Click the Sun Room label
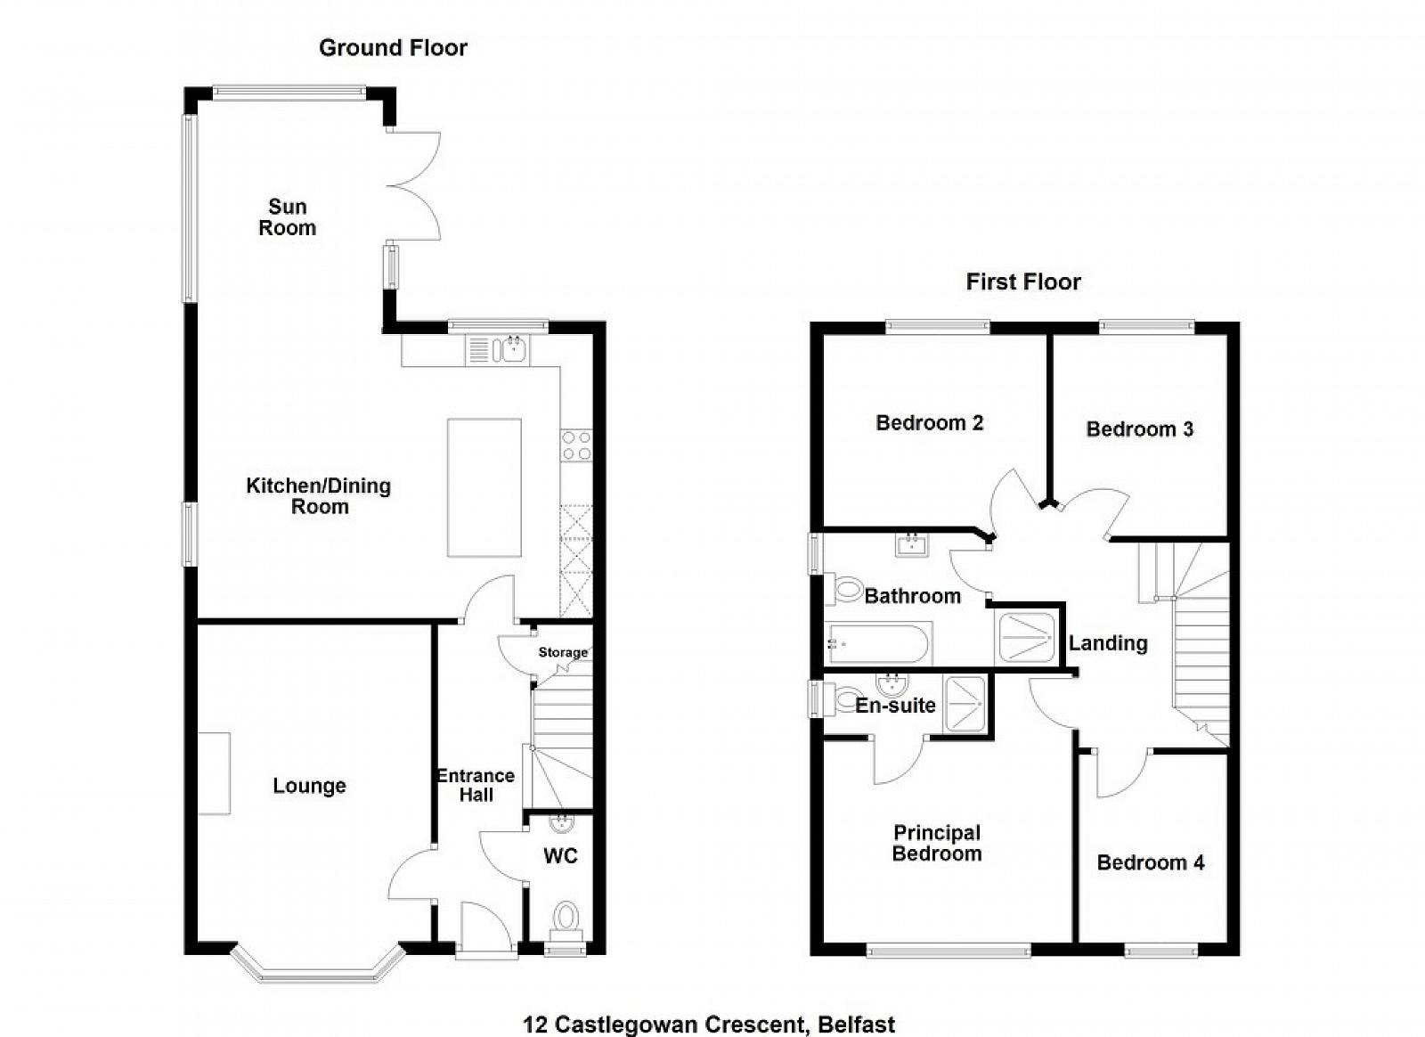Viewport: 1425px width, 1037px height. (x=288, y=217)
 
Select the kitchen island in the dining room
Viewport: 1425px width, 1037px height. (x=484, y=487)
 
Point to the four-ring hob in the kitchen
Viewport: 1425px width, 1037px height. (x=576, y=445)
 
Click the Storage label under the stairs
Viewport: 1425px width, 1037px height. (x=563, y=652)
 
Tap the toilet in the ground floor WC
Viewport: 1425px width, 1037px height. (x=566, y=921)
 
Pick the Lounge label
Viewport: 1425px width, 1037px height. (x=309, y=786)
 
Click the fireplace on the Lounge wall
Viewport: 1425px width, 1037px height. (x=214, y=773)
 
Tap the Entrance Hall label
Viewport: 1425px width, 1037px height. (x=476, y=785)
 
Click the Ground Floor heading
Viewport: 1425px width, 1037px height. (x=393, y=48)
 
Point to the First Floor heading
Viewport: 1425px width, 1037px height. (x=1023, y=282)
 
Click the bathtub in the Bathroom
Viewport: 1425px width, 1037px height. (x=879, y=644)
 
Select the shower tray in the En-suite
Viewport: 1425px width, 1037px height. (x=965, y=704)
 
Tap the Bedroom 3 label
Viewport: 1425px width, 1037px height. (x=1139, y=429)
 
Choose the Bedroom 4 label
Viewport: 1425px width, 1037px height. (x=1150, y=862)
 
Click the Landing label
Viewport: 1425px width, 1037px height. (x=1108, y=643)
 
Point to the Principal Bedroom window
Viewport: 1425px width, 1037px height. (x=949, y=951)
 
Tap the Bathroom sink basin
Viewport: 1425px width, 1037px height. (x=912, y=545)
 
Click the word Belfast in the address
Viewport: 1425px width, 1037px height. (x=856, y=1025)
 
